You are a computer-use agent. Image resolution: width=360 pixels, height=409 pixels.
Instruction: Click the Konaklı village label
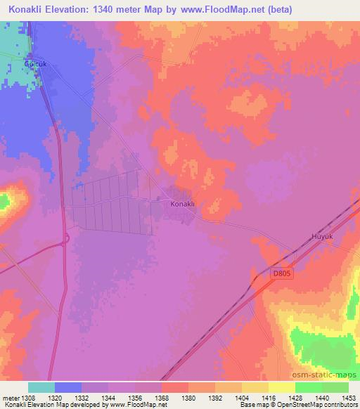pyautogui.click(x=182, y=204)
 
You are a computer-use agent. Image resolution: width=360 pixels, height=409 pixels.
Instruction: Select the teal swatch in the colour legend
pyautogui.click(x=41, y=387)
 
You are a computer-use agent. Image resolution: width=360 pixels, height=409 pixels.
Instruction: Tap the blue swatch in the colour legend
pyautogui.click(x=68, y=387)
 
